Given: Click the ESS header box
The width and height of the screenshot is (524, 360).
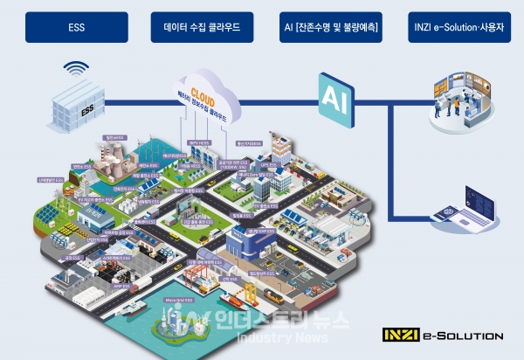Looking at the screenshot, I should pos(76,27).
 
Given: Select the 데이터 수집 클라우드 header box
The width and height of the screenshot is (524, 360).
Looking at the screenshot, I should pos(202,27).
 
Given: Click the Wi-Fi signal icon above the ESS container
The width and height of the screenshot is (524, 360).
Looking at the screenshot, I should pos(76,68).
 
